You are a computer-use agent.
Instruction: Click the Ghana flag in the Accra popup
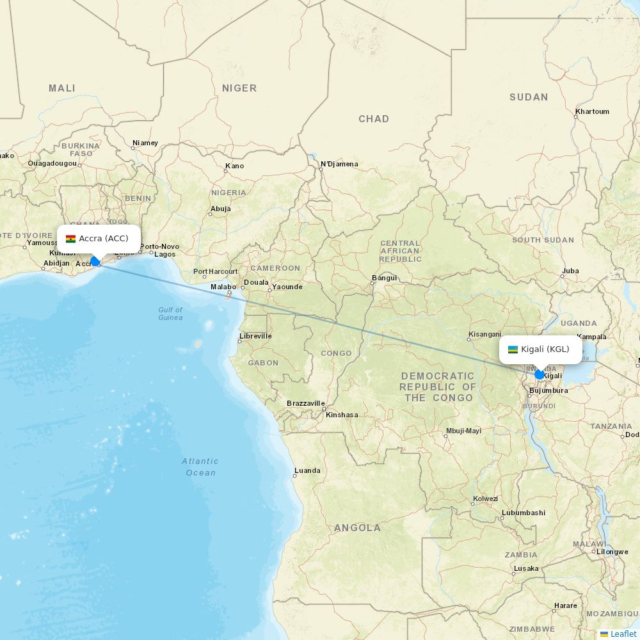coord(70,239)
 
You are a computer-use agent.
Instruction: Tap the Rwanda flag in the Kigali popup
coord(513,349)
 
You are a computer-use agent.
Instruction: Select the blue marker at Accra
coord(95,261)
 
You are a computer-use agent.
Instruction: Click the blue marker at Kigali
coord(540,374)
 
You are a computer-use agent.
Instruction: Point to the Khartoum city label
coord(592,111)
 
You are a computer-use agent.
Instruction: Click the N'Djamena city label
coord(339,164)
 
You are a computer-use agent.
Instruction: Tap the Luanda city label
coord(307,470)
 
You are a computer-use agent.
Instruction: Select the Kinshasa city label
coord(342,415)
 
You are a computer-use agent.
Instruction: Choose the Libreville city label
coord(255,336)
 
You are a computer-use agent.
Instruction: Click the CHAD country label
coord(374,119)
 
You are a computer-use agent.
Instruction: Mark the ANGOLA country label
coord(357,528)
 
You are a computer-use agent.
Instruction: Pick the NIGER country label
coord(239,88)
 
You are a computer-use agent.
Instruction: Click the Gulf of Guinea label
coord(170,314)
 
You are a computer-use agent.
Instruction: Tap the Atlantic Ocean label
coord(200,467)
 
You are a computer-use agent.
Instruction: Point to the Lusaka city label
coord(526,568)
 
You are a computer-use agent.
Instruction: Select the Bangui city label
coord(385,278)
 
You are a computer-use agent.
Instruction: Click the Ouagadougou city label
coord(52,163)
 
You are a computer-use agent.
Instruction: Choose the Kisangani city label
coord(484,334)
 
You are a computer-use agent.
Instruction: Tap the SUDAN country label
coord(529,97)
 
